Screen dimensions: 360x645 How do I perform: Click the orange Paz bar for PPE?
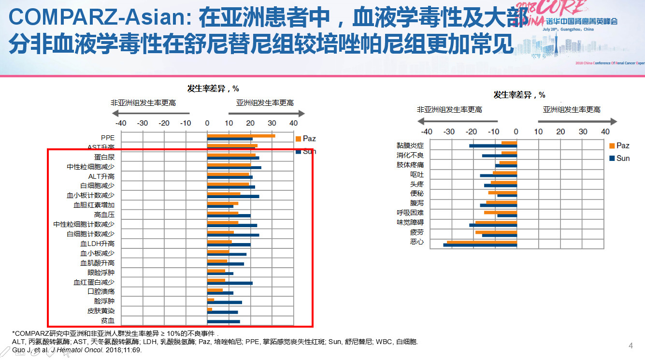tap(241, 136)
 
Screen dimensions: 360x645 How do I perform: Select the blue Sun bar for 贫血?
tap(223, 321)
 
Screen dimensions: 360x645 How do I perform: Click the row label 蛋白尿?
tap(104, 157)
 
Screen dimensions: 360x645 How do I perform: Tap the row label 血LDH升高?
tap(97, 244)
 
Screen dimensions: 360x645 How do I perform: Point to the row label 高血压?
tap(104, 215)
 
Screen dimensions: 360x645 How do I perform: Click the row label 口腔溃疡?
tap(101, 291)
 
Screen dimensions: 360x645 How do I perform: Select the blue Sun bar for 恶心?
tap(480, 245)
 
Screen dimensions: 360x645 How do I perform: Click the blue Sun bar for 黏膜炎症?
tap(493, 145)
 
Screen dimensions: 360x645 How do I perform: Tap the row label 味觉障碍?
tap(410, 222)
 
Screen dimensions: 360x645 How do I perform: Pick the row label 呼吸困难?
tap(410, 213)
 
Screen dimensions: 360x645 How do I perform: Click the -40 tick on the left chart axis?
tap(121, 123)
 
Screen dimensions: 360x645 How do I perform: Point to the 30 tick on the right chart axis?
tap(583, 131)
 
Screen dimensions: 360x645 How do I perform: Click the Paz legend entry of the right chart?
tap(619, 145)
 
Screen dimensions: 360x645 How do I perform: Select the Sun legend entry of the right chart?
tap(619, 158)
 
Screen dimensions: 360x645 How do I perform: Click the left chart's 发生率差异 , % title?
tap(213, 88)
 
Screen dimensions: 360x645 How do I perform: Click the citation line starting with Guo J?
tap(77, 350)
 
